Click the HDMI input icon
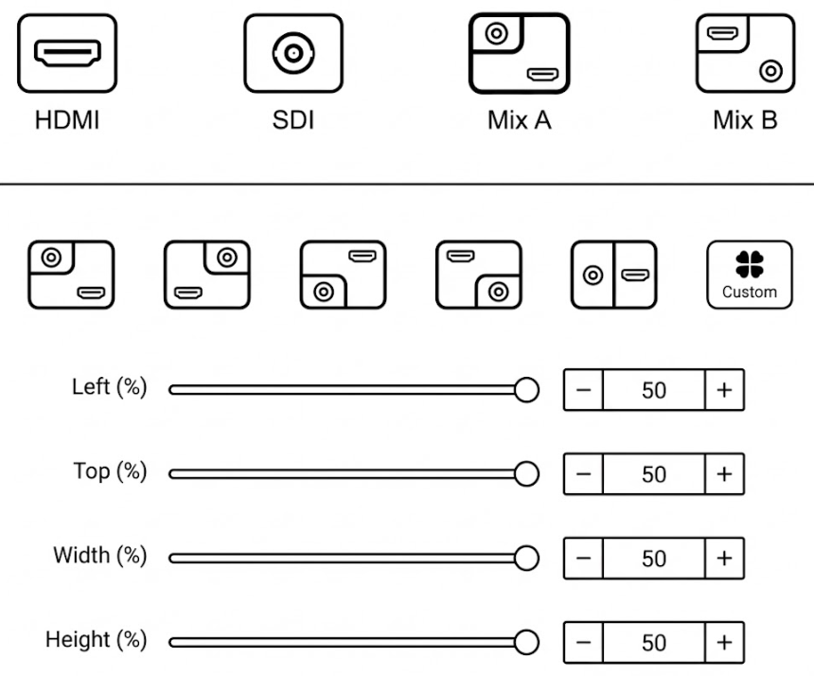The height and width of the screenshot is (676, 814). (68, 53)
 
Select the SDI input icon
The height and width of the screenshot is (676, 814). (292, 53)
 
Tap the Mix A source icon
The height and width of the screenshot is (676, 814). (519, 53)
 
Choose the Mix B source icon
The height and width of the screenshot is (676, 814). (744, 53)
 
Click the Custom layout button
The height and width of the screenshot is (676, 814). (749, 275)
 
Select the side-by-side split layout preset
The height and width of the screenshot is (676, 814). (614, 275)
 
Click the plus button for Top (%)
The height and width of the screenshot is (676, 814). (724, 474)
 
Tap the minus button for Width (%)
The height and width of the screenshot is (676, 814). (584, 559)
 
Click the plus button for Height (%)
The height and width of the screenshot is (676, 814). (724, 643)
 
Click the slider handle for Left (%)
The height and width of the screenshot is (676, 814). (526, 389)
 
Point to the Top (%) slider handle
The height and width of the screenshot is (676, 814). (526, 474)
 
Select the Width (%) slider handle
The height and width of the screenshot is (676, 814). (526, 559)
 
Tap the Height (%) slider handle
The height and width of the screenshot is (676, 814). (526, 643)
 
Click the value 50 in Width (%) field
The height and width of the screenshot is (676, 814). (653, 559)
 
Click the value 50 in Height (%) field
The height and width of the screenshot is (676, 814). (653, 643)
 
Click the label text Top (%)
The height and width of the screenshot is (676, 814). (110, 471)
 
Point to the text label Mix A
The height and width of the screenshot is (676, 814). (519, 121)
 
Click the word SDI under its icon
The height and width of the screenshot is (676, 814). (292, 121)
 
